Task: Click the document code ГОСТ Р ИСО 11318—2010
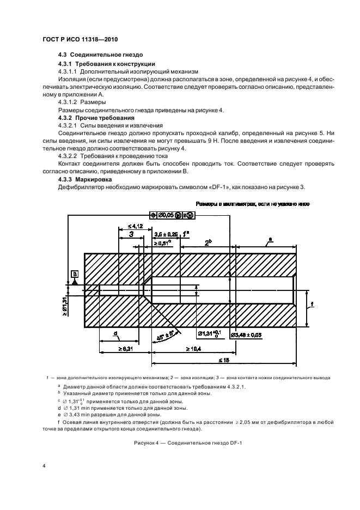tap(81, 40)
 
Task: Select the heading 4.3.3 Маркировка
tap(86, 179)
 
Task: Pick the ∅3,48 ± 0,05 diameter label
tap(251, 334)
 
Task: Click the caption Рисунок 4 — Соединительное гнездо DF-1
tap(188, 443)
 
